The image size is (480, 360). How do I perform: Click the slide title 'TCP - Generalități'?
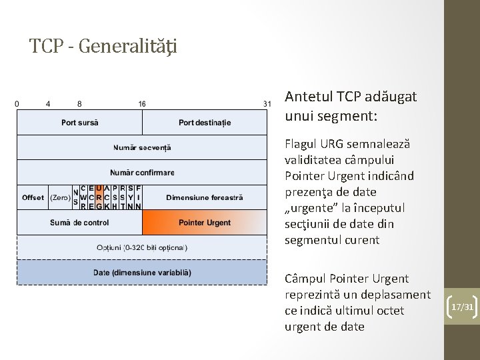[103, 46]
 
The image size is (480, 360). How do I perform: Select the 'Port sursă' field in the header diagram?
[79, 123]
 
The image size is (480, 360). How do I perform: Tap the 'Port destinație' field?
[205, 123]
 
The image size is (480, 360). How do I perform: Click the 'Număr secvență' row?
[142, 147]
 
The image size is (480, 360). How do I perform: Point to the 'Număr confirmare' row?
[142, 173]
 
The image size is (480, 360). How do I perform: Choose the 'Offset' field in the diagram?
[33, 197]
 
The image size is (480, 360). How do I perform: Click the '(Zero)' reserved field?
[60, 197]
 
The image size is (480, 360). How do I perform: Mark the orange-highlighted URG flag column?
[99, 197]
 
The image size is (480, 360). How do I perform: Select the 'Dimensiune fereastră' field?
[205, 197]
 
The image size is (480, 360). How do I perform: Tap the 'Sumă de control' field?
[79, 223]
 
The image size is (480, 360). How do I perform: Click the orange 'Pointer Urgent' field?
[205, 223]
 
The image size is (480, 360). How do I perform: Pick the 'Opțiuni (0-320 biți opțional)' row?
[142, 247]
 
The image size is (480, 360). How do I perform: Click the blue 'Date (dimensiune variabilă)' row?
[142, 273]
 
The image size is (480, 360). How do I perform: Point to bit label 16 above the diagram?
[142, 104]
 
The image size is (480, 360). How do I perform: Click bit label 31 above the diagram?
[267, 104]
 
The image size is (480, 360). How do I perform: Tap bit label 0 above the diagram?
[17, 104]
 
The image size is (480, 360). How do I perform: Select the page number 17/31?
[462, 307]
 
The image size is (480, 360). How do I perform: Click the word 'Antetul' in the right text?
[309, 97]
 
